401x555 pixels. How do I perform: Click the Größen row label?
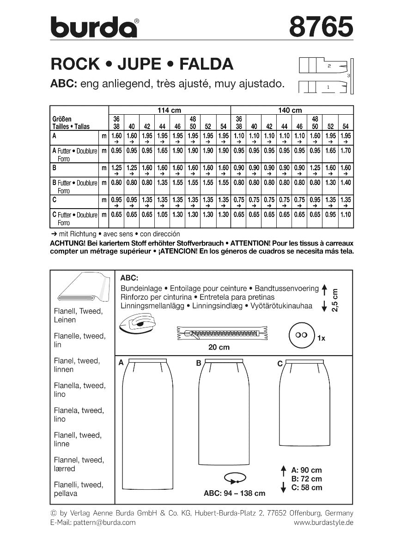tap(62, 119)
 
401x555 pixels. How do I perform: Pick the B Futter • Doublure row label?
tap(74, 183)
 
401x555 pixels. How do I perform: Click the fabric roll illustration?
tap(82, 290)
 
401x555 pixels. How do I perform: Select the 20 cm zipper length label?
tap(219, 347)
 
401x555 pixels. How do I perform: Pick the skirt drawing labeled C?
tap(305, 405)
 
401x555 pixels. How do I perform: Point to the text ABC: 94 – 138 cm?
tap(235, 493)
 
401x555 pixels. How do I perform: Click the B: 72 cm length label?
tap(304, 479)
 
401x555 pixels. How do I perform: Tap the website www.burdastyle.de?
tap(323, 523)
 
